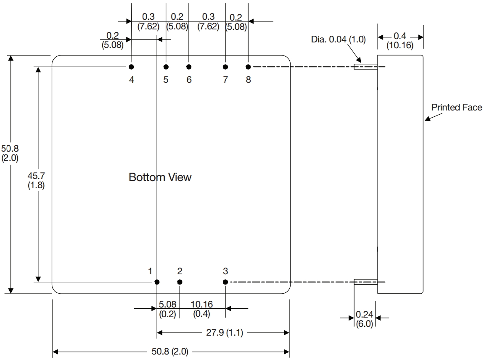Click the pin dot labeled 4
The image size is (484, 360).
[132, 67]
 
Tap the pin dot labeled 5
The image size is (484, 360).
[166, 67]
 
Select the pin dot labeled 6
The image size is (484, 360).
[189, 67]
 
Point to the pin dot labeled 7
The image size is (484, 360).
[225, 67]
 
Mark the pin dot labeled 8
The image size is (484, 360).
[249, 67]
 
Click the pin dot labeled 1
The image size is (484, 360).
[157, 282]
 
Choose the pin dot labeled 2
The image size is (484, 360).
[180, 282]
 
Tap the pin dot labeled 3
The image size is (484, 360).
[225, 282]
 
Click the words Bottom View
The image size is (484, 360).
[160, 177]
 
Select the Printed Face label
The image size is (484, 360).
[457, 108]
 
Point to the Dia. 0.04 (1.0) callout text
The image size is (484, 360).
[339, 40]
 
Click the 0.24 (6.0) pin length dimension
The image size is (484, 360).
[364, 319]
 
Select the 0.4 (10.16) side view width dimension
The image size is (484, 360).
[400, 40]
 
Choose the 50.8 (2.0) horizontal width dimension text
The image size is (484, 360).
[170, 352]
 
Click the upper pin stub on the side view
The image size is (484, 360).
[365, 67]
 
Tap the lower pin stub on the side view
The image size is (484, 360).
[365, 282]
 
